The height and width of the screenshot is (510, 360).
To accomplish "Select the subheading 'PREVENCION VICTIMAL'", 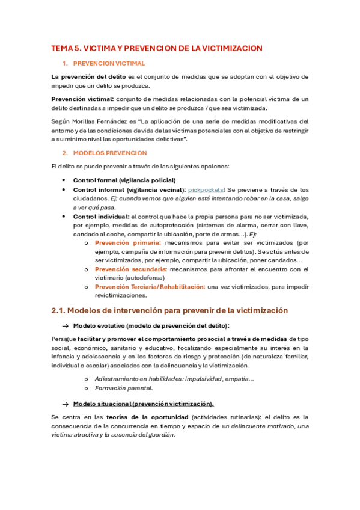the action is click(x=108, y=63).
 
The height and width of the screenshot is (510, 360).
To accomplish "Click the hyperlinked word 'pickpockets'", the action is click(x=206, y=190).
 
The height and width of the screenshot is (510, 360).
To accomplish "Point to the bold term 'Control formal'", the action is click(x=95, y=180).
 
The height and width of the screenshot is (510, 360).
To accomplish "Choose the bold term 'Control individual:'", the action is click(x=101, y=216).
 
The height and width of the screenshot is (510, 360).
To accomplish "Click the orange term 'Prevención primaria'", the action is click(x=124, y=242).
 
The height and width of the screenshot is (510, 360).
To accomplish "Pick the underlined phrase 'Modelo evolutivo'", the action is click(x=99, y=325).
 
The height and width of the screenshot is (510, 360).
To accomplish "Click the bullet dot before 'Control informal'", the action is click(x=64, y=190).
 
